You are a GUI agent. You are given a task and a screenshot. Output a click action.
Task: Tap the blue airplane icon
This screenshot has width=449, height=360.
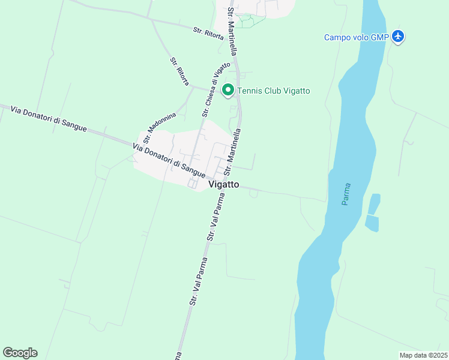(398, 37)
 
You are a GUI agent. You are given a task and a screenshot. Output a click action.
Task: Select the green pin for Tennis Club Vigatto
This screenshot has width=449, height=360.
(228, 91)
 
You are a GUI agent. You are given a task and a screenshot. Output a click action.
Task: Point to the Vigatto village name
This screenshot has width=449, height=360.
(224, 185)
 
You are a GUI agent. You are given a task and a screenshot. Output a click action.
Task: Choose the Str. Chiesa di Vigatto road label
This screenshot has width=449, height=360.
(215, 89)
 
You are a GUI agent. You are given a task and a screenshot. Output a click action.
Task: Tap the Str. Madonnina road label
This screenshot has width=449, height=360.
(159, 126)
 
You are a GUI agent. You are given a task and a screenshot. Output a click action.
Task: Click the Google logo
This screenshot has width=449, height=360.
(20, 352)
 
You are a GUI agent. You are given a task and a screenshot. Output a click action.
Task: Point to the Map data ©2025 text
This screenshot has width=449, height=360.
(423, 355)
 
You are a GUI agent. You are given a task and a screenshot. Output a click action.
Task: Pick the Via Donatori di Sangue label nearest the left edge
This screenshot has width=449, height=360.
(49, 118)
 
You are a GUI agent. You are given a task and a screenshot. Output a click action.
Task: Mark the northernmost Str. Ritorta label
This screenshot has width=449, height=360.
(208, 33)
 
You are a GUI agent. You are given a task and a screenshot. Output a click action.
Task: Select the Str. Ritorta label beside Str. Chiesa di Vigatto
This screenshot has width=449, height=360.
(179, 71)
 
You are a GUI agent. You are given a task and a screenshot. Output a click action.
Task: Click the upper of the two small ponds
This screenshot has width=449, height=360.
(373, 203)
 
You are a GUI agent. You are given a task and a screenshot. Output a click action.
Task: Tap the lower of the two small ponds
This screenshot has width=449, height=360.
(372, 223)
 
